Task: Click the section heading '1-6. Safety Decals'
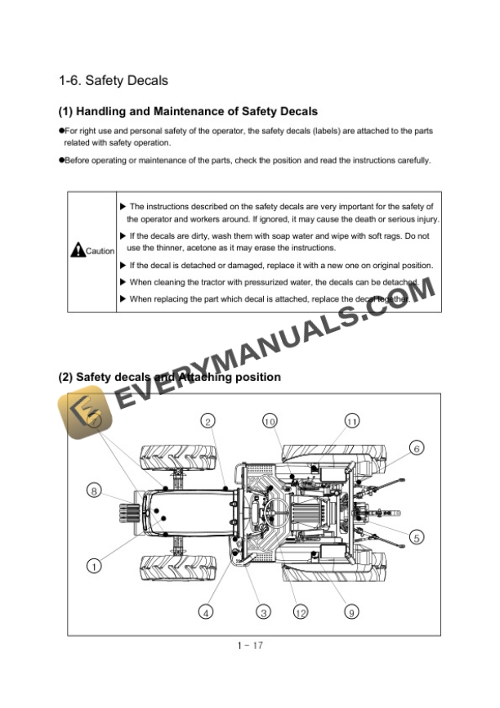click(x=113, y=80)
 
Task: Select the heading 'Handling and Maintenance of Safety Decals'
click(x=188, y=111)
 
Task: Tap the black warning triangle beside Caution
click(x=78, y=251)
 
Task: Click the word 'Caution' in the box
click(x=100, y=251)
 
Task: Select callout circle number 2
click(x=208, y=421)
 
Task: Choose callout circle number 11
click(x=351, y=421)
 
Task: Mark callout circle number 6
click(x=417, y=448)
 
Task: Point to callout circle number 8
click(x=95, y=491)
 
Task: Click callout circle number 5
click(x=417, y=537)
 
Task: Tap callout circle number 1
click(x=95, y=564)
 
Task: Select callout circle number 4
click(x=207, y=612)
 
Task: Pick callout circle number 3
click(x=263, y=612)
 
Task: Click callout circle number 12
click(x=301, y=612)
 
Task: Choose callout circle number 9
click(x=351, y=612)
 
